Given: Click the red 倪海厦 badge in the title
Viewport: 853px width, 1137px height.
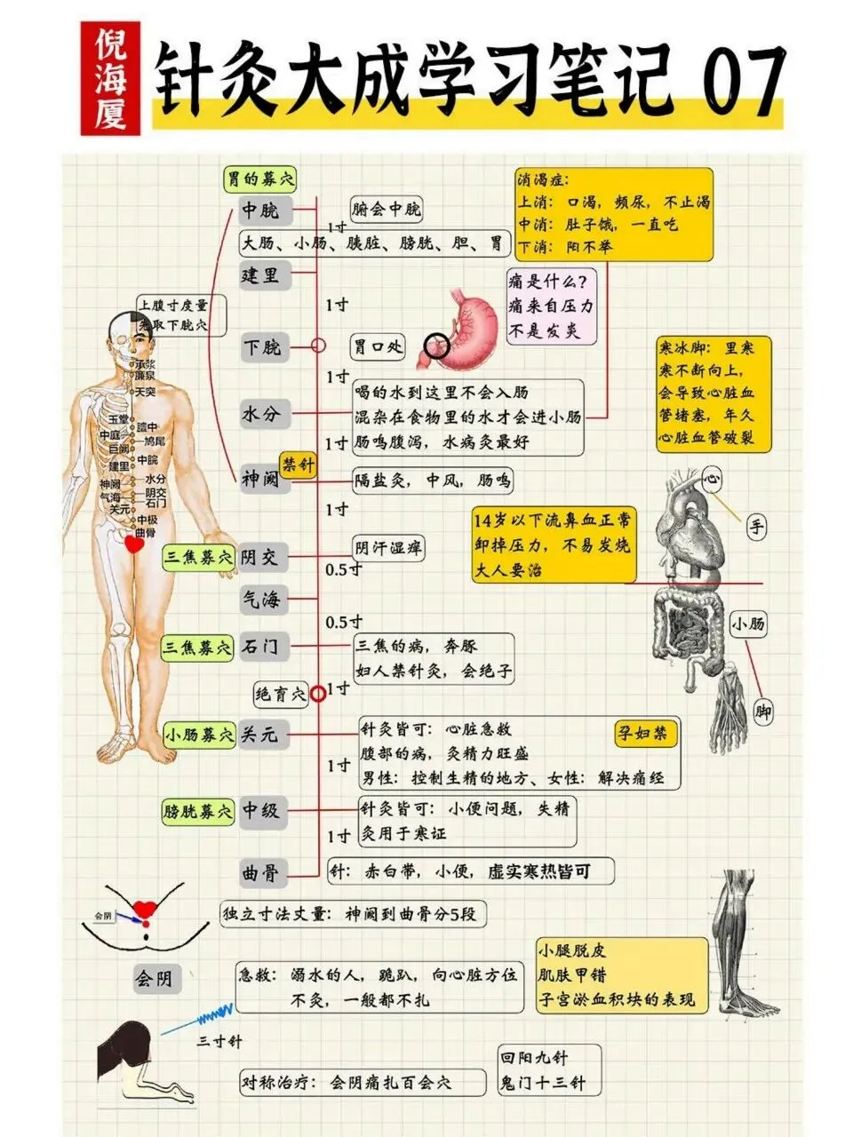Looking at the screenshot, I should pyautogui.click(x=110, y=79).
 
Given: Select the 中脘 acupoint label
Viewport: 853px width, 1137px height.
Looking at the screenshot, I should pyautogui.click(x=261, y=210).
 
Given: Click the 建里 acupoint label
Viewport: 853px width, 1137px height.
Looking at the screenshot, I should pyautogui.click(x=261, y=274).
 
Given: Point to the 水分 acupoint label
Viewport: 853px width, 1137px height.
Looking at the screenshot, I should pyautogui.click(x=261, y=413).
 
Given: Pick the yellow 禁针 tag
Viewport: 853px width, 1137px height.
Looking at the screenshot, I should pyautogui.click(x=298, y=464).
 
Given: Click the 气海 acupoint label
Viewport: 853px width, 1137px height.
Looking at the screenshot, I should pyautogui.click(x=261, y=600).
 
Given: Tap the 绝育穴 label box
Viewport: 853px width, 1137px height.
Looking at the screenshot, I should pyautogui.click(x=280, y=693).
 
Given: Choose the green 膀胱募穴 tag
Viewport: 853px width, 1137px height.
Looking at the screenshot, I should pyautogui.click(x=199, y=810).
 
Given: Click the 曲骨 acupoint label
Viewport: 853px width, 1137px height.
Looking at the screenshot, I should pyautogui.click(x=261, y=872).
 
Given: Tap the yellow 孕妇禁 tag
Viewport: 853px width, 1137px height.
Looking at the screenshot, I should pyautogui.click(x=646, y=733).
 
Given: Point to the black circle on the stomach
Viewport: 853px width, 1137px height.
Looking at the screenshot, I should pyautogui.click(x=436, y=346).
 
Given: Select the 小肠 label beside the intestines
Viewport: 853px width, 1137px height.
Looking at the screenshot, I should pyautogui.click(x=748, y=624).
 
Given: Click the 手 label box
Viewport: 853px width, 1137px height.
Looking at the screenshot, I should pyautogui.click(x=755, y=528).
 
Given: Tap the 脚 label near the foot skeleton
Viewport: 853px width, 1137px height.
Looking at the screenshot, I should pyautogui.click(x=762, y=712).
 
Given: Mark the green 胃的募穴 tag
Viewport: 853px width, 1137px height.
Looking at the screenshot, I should pyautogui.click(x=259, y=179).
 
